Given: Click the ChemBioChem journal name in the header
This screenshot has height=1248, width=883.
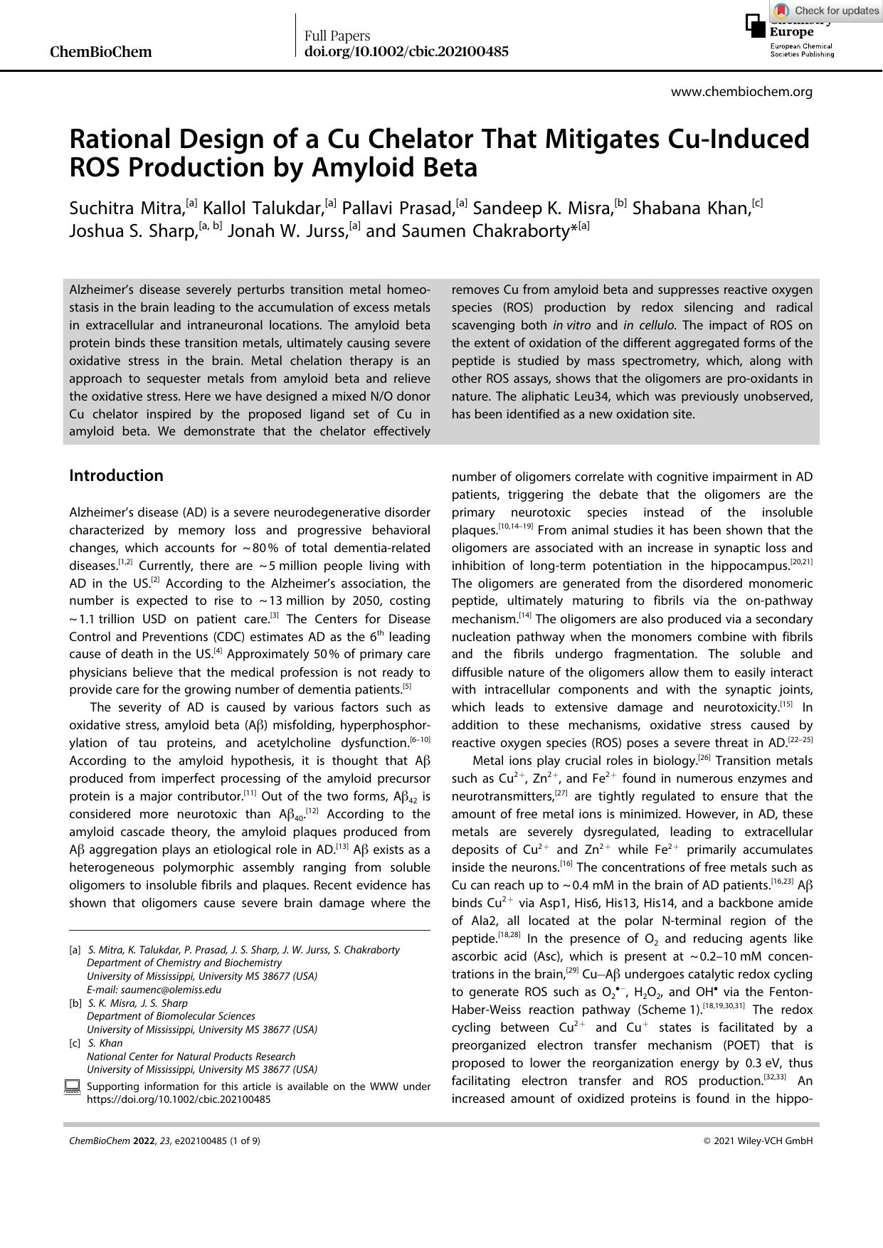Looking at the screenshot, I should click(100, 52).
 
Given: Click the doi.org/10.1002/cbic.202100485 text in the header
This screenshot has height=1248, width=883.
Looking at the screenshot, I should click(406, 51).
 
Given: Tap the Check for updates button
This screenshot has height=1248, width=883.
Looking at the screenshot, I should click(826, 10).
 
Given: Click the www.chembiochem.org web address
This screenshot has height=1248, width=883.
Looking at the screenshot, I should click(741, 91).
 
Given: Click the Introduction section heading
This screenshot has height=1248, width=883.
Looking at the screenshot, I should click(116, 475).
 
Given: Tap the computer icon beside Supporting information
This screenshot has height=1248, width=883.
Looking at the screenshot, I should click(72, 1087).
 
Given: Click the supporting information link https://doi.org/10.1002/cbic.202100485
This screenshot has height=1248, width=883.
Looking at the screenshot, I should click(179, 1099).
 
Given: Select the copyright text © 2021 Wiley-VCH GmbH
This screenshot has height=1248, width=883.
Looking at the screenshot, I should click(757, 1141).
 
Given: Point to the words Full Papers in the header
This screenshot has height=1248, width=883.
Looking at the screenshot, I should click(337, 36).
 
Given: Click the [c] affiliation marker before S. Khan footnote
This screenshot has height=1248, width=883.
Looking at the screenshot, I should click(75, 1043).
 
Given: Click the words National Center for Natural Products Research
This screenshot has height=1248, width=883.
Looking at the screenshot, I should click(191, 1056).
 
